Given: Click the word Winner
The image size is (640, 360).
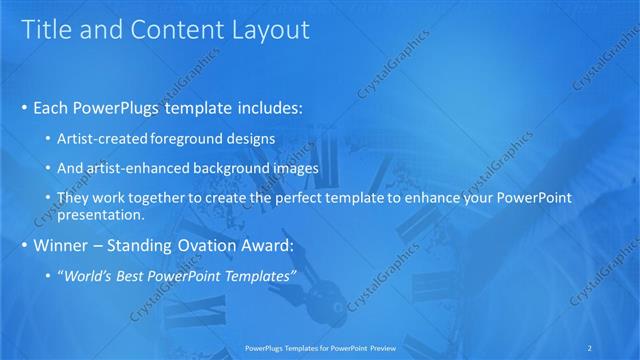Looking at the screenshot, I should pyautogui.click(x=63, y=244).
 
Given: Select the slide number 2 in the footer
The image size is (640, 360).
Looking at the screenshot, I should pyautogui.click(x=592, y=349).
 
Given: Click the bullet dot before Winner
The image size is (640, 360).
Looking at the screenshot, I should pyautogui.click(x=24, y=245).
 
